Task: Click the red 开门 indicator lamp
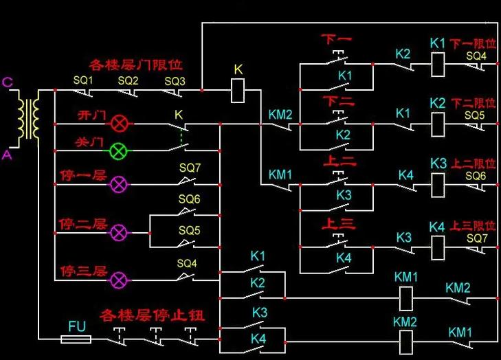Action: [119, 124]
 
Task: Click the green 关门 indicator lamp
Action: [118, 150]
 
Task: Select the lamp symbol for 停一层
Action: [118, 184]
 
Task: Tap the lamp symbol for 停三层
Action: [118, 280]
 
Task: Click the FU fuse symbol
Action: [76, 339]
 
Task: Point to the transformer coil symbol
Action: [29, 119]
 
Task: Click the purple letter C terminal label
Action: [8, 82]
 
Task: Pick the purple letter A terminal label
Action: [7, 155]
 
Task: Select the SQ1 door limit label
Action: [83, 80]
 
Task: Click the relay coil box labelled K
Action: [238, 91]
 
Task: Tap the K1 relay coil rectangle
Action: [438, 65]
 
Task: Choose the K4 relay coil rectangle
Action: [438, 247]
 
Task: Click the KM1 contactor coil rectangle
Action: [406, 298]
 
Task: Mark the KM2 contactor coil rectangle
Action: [406, 342]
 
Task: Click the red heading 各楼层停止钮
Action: [152, 315]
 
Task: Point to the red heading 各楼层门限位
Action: [136, 65]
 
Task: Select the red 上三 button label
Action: [339, 223]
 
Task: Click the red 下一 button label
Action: [337, 40]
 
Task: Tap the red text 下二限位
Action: [474, 103]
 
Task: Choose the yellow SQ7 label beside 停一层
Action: [190, 168]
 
